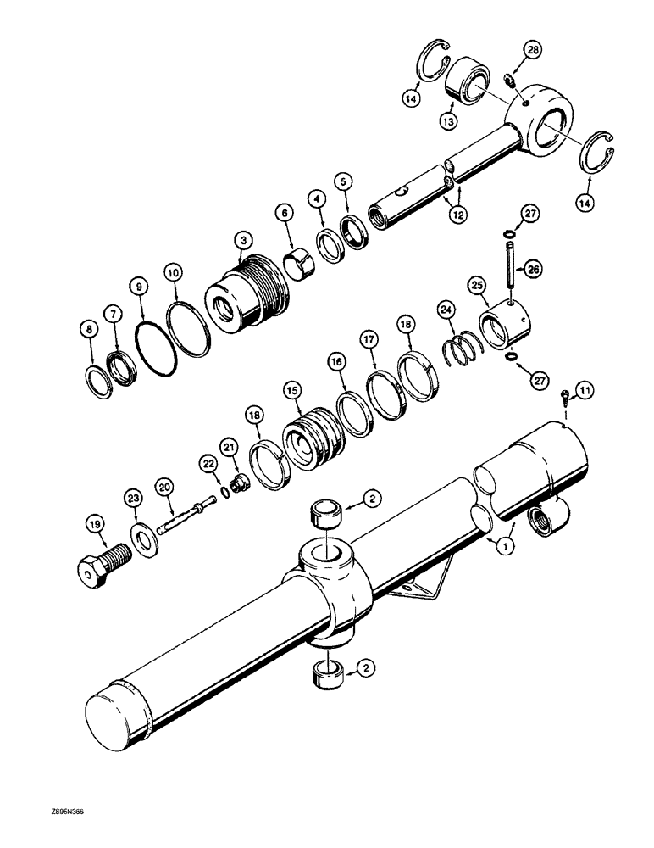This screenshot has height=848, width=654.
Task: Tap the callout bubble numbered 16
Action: click(x=337, y=361)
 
